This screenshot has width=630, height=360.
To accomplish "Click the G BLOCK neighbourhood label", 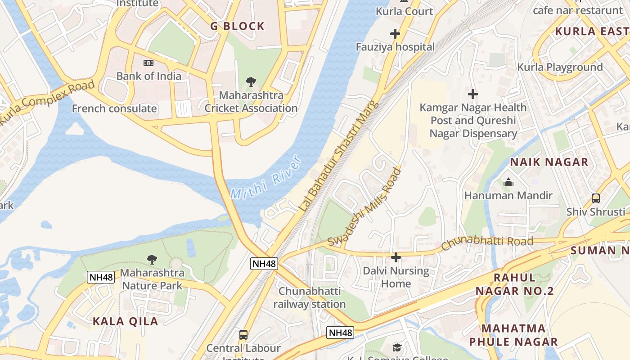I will (x=238, y=27).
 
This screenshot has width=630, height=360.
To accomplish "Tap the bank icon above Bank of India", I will (x=148, y=63).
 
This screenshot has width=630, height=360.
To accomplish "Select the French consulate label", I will (x=114, y=108).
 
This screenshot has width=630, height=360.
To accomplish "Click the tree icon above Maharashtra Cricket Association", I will (x=251, y=82).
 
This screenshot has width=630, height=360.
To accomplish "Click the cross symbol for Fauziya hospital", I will (x=395, y=34).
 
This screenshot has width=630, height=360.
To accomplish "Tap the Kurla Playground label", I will (x=560, y=67).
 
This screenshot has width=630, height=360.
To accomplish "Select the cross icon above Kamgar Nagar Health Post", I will (x=472, y=94).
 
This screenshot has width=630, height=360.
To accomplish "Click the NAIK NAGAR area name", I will (x=549, y=162).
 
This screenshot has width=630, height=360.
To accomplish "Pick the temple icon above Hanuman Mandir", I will (x=508, y=182).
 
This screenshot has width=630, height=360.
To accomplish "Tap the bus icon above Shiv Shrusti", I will (x=596, y=198).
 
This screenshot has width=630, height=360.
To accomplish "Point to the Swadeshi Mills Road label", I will (x=364, y=207).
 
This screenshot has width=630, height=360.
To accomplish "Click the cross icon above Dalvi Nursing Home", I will (x=396, y=257).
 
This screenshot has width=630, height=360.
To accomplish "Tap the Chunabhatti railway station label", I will (x=310, y=297).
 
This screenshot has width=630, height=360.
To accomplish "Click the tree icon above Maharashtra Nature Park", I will (x=152, y=259).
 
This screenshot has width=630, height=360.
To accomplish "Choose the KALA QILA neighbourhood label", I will (x=125, y=321).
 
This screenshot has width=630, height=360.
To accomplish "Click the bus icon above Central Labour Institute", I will (x=243, y=335).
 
